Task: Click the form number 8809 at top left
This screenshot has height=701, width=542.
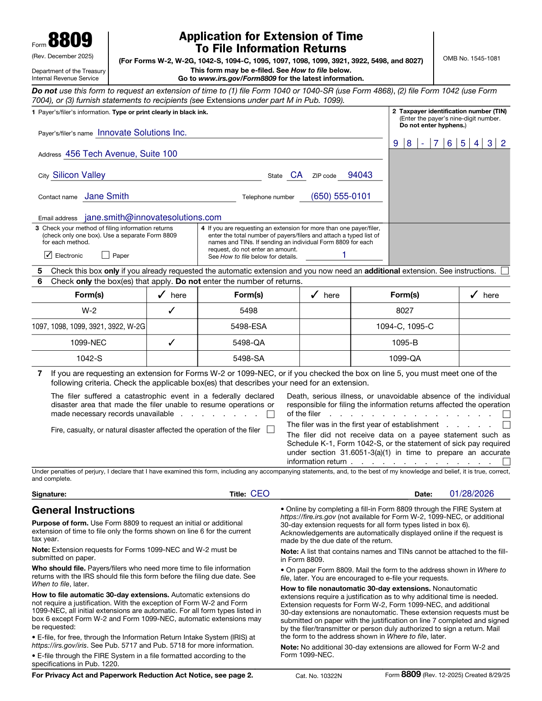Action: click(x=70, y=41)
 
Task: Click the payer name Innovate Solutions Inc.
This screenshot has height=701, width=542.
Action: click(x=142, y=133)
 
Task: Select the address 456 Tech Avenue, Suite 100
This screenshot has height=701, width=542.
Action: click(x=121, y=154)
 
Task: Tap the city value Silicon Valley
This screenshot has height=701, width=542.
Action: click(x=79, y=175)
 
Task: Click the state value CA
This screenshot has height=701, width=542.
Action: click(x=296, y=175)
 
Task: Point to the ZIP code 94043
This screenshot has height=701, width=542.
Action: click(x=360, y=175)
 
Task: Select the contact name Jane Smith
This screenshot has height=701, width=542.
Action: click(x=107, y=196)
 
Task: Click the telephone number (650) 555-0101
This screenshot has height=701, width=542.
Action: click(x=341, y=196)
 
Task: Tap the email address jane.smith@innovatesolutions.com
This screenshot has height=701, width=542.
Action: click(x=153, y=218)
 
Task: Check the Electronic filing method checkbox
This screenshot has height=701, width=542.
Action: click(x=48, y=255)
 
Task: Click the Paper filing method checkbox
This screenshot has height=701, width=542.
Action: click(x=106, y=255)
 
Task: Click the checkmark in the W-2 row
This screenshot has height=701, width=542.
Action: click(x=172, y=311)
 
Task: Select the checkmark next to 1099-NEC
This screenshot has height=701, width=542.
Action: click(x=172, y=343)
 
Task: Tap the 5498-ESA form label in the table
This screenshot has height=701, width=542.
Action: click(x=248, y=326)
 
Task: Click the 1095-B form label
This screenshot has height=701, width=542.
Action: click(x=405, y=343)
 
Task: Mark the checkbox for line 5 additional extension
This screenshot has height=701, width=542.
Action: click(x=505, y=271)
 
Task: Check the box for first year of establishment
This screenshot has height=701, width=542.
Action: click(x=506, y=425)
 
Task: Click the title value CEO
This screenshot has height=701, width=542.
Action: click(x=260, y=494)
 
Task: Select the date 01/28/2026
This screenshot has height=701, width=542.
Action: click(x=472, y=494)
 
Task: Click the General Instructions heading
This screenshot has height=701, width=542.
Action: click(x=83, y=511)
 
